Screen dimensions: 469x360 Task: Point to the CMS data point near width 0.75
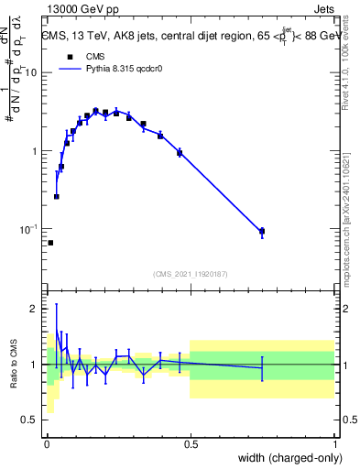262,232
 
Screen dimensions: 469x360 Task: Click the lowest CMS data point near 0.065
50,243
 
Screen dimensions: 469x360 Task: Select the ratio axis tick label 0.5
31,420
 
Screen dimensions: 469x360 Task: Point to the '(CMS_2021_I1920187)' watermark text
191,274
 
